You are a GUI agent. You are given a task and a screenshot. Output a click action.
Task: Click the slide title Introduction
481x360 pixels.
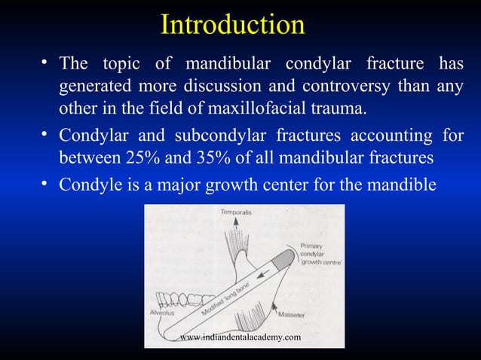[232, 24]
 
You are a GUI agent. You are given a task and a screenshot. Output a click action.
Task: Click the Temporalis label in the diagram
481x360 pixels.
[237, 213]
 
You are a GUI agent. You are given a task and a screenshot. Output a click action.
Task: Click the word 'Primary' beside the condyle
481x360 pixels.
[312, 246]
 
